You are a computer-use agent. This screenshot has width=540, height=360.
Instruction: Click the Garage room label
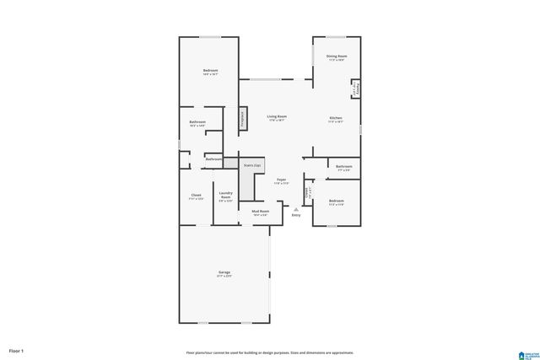pos(224,272)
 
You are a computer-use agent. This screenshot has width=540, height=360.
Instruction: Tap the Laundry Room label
pos(224,196)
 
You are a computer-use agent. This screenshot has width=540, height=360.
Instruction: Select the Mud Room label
pos(261,212)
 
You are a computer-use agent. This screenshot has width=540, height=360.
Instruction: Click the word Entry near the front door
pos(296,216)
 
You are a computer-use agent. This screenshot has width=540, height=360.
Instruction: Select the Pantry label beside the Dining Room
pos(355,89)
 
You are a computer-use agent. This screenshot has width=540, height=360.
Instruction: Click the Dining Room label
pos(337,56)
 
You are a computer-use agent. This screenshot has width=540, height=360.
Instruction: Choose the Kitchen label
pos(336,117)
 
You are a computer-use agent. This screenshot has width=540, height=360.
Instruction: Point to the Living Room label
pos(277,116)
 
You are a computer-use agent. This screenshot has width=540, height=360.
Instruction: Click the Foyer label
pos(281,180)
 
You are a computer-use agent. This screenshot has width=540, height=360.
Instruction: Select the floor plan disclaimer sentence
pos(270,352)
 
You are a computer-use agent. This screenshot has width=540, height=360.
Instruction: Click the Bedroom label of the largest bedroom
pos(210,70)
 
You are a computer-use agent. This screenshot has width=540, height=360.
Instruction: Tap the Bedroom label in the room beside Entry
pos(337,201)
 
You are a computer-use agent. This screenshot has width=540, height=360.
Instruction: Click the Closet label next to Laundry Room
pos(196,196)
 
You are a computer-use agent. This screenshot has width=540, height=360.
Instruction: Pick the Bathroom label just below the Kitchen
pos(343,167)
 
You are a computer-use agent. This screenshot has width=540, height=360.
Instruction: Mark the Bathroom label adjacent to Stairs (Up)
pos(214,159)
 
